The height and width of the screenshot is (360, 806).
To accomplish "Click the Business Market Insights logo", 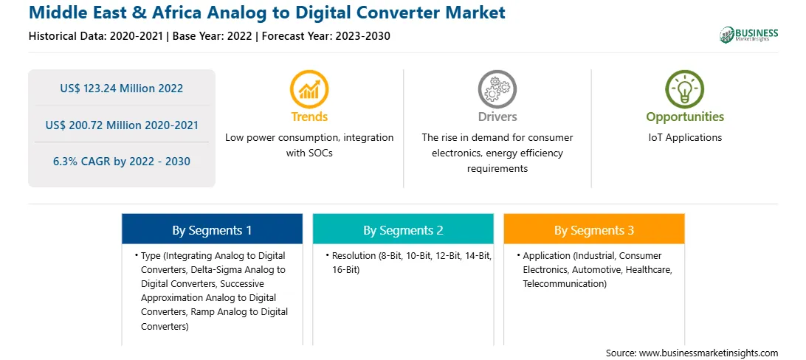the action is (x=748, y=35).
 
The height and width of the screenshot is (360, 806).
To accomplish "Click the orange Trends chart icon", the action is (x=309, y=89).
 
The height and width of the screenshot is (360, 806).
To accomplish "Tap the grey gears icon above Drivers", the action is (x=497, y=89).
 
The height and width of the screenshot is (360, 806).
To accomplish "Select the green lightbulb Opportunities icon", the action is (x=685, y=89).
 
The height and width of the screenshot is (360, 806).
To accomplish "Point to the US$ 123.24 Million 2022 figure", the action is (x=121, y=89).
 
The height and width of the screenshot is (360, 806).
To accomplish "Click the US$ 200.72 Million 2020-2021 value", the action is (x=121, y=125).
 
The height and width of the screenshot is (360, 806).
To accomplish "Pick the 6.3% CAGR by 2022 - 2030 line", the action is (x=121, y=162).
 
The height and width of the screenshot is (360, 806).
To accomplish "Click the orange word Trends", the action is (x=309, y=117).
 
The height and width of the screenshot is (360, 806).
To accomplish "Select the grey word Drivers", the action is (x=497, y=117).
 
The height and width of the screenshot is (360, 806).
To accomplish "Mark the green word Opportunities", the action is (x=685, y=117).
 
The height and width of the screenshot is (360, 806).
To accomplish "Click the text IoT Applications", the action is (x=685, y=138).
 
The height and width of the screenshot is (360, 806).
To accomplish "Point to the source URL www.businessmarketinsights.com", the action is (x=709, y=353).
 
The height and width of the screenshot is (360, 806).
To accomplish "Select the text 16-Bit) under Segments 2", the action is (x=345, y=269).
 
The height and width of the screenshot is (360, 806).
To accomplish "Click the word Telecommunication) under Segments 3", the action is (x=565, y=283).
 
